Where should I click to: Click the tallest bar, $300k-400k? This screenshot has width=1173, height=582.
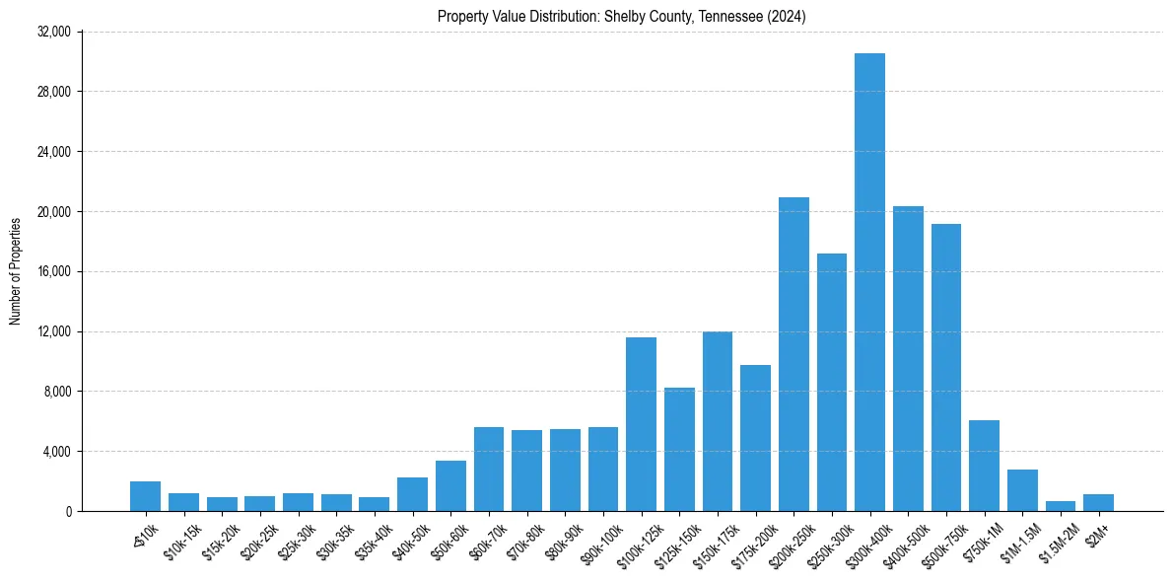click(x=869, y=282)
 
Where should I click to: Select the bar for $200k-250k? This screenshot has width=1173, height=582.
click(x=793, y=354)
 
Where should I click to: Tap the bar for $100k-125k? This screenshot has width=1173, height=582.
click(x=641, y=424)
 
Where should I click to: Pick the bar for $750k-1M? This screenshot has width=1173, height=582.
click(x=984, y=466)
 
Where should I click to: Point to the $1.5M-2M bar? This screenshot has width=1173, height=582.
click(x=1061, y=506)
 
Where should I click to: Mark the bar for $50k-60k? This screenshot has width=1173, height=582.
click(x=450, y=486)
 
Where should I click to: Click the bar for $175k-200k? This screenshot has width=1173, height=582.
click(x=755, y=438)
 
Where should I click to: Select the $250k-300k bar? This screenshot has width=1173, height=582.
click(x=832, y=382)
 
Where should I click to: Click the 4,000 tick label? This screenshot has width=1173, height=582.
click(x=56, y=452)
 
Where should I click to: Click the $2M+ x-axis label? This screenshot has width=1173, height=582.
click(x=1096, y=536)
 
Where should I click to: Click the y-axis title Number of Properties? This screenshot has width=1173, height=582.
click(x=16, y=271)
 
